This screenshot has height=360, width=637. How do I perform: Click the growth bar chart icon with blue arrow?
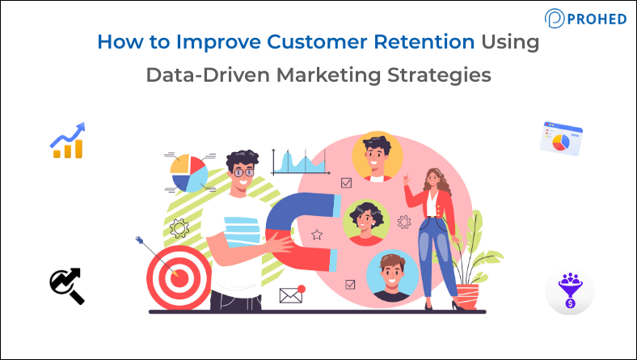pyautogui.click(x=68, y=141)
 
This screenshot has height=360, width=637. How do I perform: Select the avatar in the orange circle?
pyautogui.click(x=378, y=155)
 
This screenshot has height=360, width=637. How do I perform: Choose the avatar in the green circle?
pyautogui.click(x=366, y=220)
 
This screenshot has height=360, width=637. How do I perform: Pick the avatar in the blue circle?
pyautogui.click(x=391, y=274)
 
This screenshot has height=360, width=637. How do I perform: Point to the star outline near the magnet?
pyautogui.click(x=317, y=235)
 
